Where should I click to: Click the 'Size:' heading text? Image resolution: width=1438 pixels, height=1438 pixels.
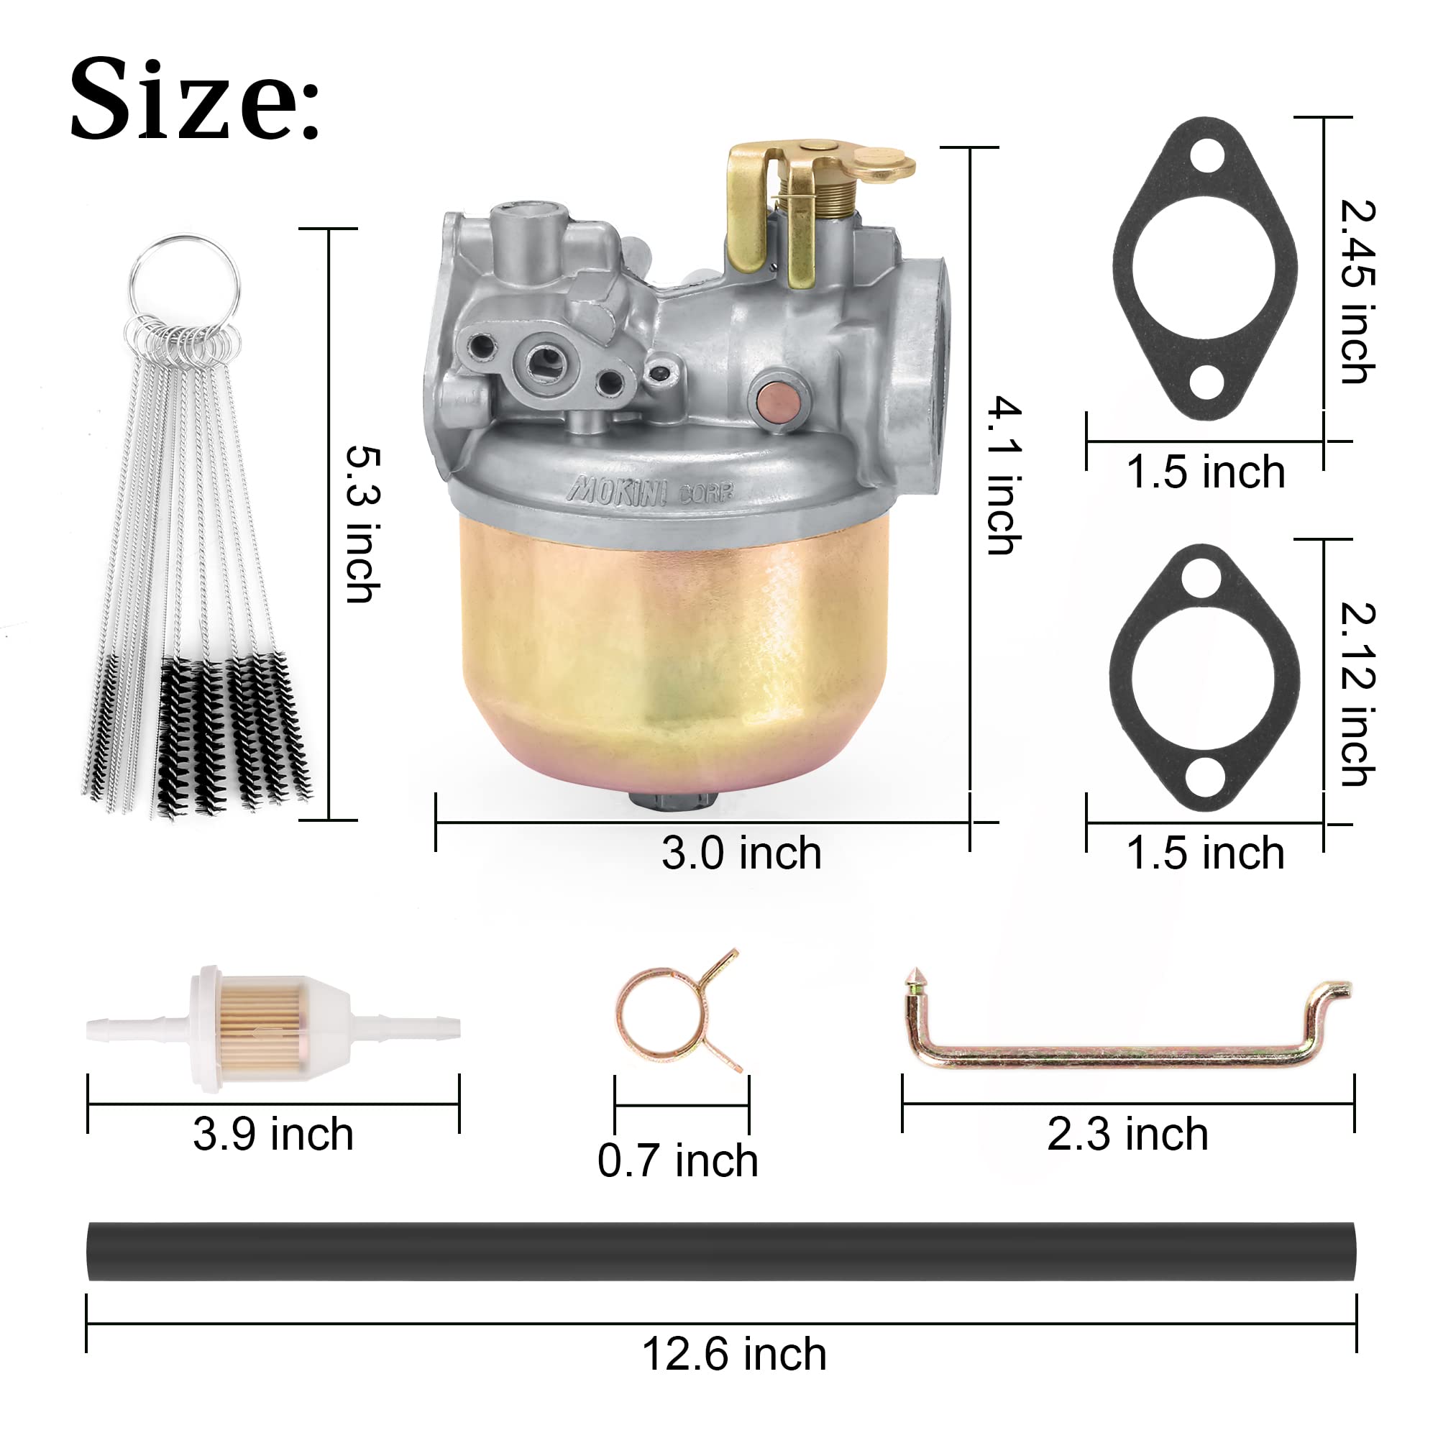(x=195, y=99)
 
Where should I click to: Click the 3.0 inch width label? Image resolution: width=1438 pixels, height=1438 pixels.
(x=741, y=853)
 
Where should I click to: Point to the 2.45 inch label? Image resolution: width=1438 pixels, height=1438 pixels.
(x=1357, y=292)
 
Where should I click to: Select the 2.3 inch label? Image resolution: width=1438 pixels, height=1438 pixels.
(x=1127, y=1135)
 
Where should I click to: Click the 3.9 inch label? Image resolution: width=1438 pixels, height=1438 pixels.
(x=273, y=1135)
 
